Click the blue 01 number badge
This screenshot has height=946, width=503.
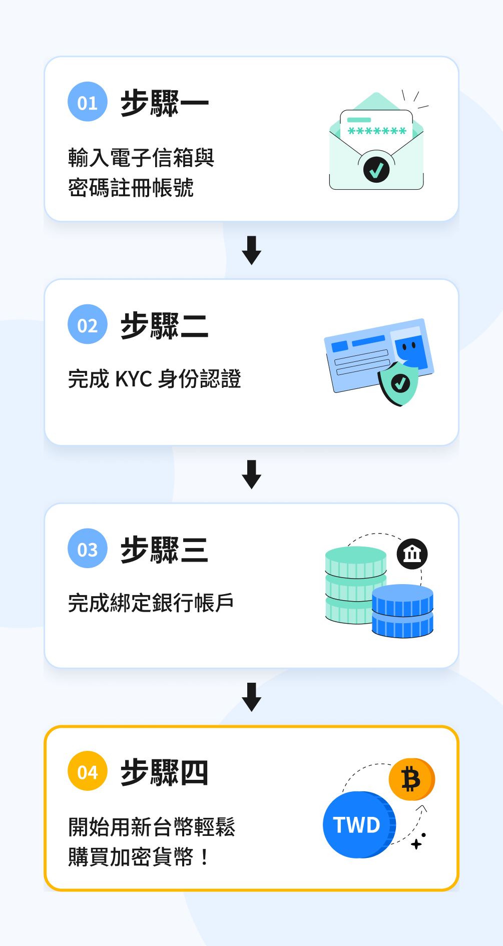pyautogui.click(x=88, y=102)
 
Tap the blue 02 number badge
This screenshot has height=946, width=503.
pyautogui.click(x=88, y=324)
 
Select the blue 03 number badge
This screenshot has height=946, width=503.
pyautogui.click(x=88, y=548)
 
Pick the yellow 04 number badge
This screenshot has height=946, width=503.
pyautogui.click(x=88, y=771)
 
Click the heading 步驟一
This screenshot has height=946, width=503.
pyautogui.click(x=165, y=103)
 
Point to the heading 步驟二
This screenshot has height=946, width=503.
pyautogui.click(x=165, y=326)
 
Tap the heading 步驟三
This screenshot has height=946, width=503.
pyautogui.click(x=165, y=550)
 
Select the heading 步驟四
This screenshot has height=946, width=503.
pyautogui.click(x=165, y=772)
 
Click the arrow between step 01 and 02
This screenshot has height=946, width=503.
pyautogui.click(x=252, y=250)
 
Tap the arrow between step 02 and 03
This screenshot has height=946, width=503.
pyautogui.click(x=252, y=475)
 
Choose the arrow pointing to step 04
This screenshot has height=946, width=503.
pyautogui.click(x=252, y=697)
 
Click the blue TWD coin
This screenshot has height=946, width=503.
pyautogui.click(x=359, y=825)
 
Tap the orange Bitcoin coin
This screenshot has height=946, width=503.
pyautogui.click(x=412, y=780)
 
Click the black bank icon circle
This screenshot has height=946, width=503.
pyautogui.click(x=412, y=554)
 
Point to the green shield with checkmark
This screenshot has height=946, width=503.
pyautogui.click(x=399, y=383)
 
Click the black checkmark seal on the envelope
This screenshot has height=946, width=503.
pyautogui.click(x=376, y=170)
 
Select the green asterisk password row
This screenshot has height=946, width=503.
pyautogui.click(x=377, y=131)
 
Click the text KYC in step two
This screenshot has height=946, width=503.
pyautogui.click(x=134, y=379)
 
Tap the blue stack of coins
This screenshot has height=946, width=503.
pyautogui.click(x=402, y=611)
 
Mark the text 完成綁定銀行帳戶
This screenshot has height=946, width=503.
pyautogui.click(x=151, y=603)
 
